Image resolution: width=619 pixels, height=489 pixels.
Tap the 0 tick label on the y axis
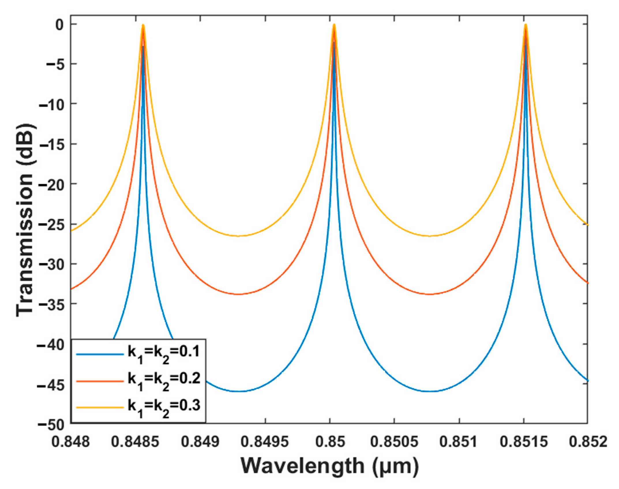(x=59, y=25)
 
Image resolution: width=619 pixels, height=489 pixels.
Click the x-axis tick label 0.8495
(x=265, y=442)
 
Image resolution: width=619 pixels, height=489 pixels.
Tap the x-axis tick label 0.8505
(x=394, y=442)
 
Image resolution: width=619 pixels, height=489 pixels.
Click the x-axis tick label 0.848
(x=71, y=442)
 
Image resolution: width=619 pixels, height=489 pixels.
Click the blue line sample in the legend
(x=100, y=354)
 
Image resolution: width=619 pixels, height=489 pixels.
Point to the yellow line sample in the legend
(x=100, y=407)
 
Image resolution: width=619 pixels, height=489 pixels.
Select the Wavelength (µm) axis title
(x=329, y=466)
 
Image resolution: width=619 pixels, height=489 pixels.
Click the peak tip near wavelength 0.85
(x=334, y=25)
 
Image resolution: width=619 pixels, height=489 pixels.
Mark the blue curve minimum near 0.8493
(x=239, y=391)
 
